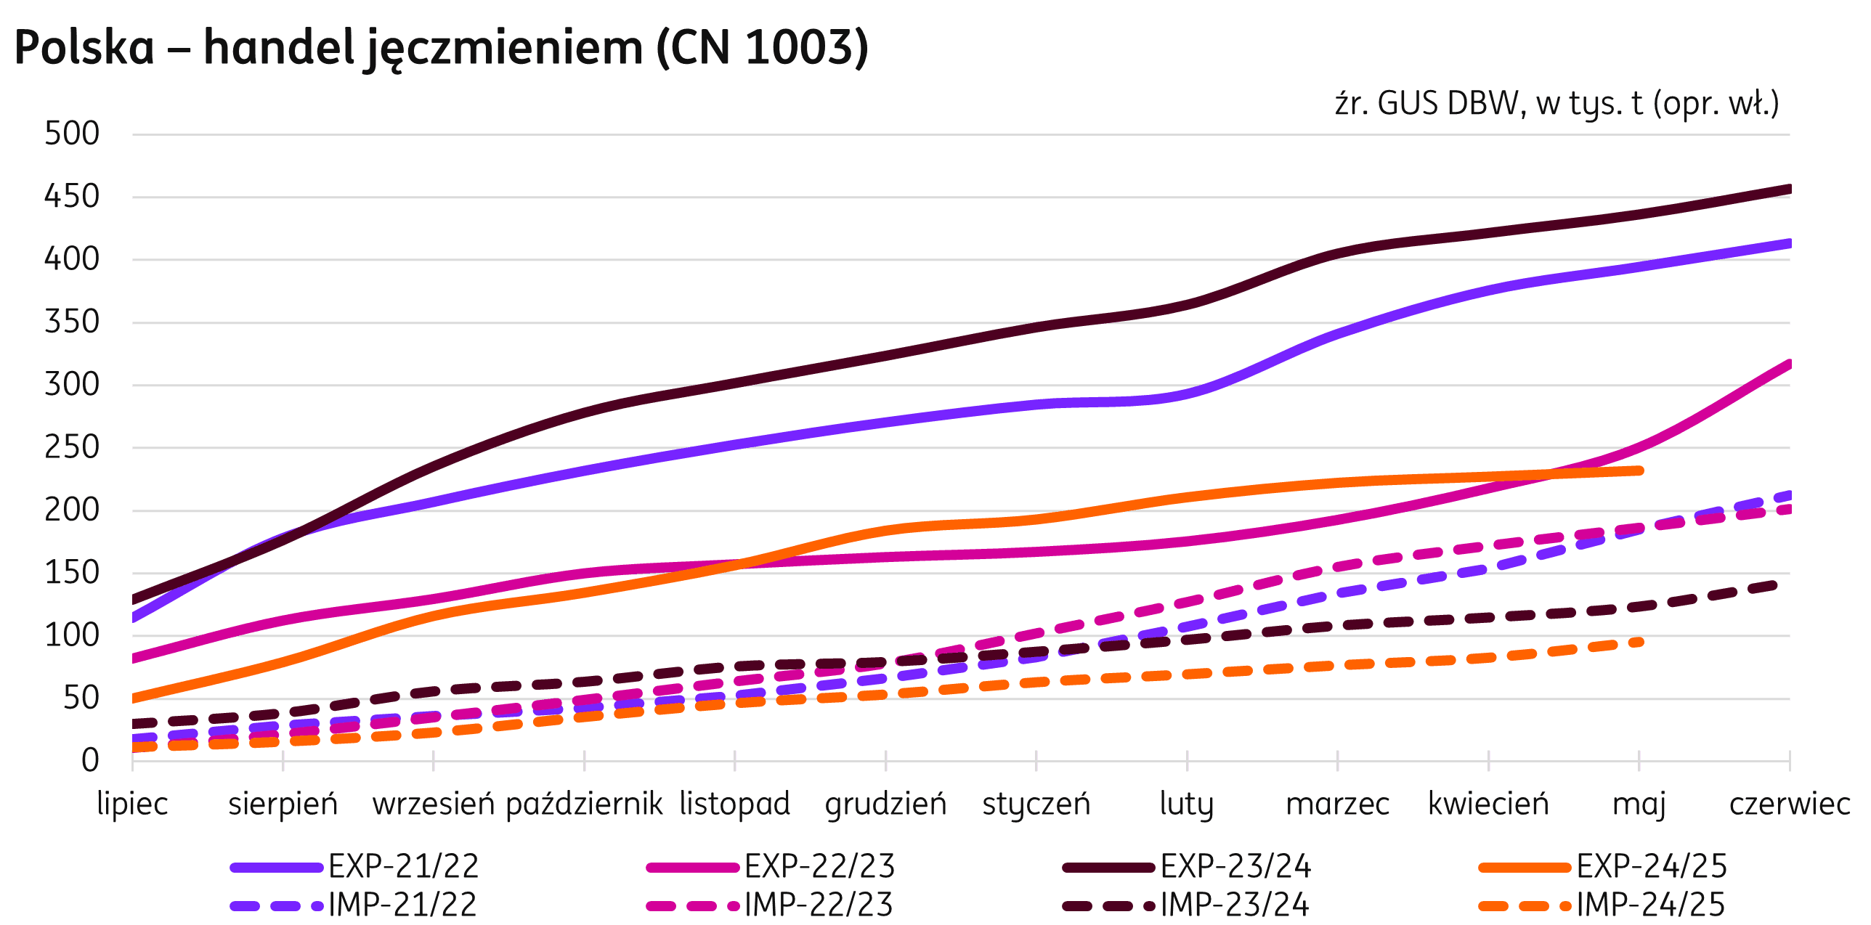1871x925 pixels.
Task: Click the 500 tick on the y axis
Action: click(x=71, y=134)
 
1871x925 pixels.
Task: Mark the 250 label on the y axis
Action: click(x=71, y=447)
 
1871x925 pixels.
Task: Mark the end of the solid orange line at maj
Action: click(x=1639, y=470)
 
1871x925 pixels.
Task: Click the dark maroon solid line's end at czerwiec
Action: click(x=1788, y=190)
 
